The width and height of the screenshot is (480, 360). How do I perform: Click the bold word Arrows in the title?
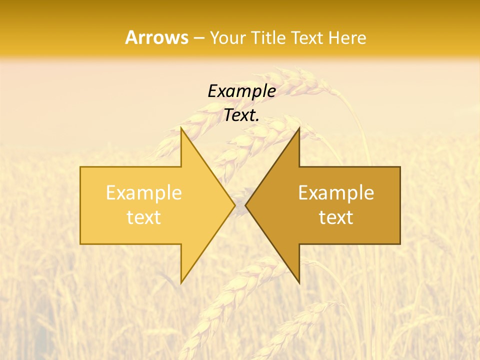157,37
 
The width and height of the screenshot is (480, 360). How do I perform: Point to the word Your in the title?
226,38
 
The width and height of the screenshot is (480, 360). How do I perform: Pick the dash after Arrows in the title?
199,38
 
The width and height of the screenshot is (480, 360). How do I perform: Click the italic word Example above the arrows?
241,91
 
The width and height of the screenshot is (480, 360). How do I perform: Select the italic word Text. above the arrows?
241,115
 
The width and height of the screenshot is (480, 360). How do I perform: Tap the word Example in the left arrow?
144,192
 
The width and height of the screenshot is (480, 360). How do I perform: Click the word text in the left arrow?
144,217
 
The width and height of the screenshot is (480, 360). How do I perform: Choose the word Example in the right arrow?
336,192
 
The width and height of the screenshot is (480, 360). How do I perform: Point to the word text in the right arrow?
336,217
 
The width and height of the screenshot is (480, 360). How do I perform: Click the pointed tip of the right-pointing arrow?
235,205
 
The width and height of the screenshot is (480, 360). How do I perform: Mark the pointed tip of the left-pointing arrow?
245,205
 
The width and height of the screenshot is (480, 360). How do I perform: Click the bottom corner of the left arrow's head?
181,283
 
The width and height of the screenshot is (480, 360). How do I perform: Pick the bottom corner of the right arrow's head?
299,283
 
